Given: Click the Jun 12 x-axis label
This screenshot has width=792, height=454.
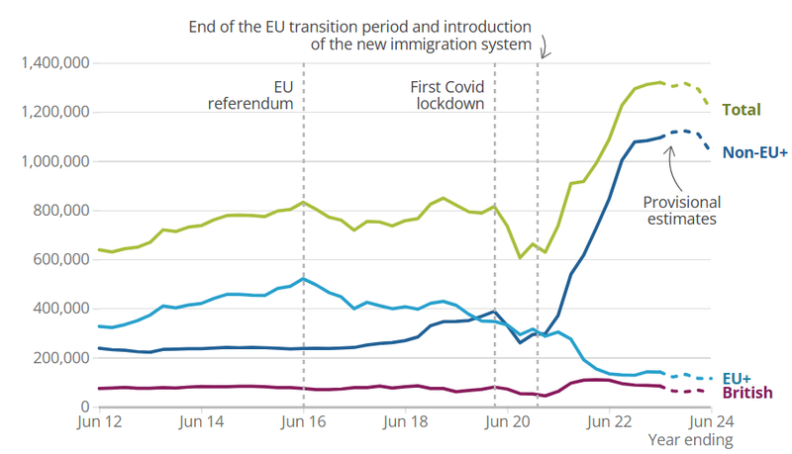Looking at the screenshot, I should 99,421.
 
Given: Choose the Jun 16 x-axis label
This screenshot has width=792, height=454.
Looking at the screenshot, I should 303,421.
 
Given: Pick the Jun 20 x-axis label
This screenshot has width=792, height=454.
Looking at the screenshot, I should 507,421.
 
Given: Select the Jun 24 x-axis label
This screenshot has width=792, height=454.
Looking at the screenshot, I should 711,421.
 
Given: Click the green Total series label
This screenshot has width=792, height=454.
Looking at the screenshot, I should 742,110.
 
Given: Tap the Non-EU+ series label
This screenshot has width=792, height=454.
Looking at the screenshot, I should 753,152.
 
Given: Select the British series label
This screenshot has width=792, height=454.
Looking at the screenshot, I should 747,394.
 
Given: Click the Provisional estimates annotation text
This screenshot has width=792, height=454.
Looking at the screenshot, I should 681,210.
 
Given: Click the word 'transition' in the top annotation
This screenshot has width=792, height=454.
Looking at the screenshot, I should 353,25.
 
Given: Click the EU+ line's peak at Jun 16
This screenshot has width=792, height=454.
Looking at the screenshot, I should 304,279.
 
